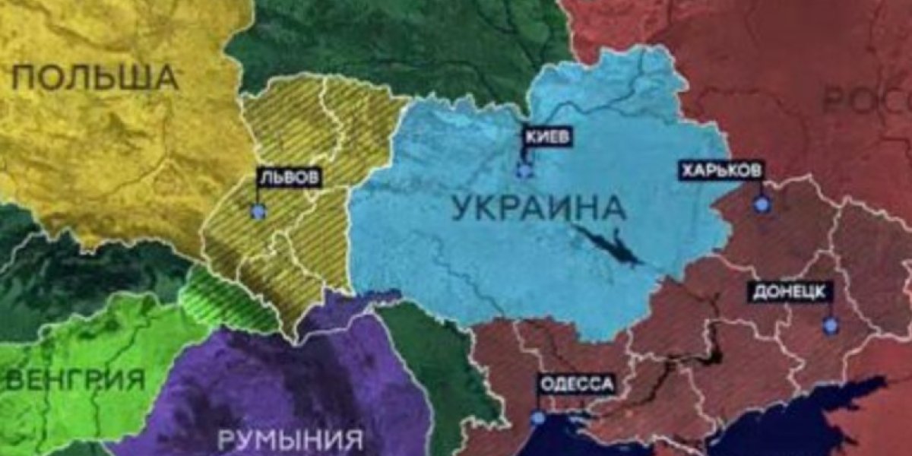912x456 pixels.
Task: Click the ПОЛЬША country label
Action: click(x=96, y=78)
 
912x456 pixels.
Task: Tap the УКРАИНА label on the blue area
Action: click(x=539, y=207)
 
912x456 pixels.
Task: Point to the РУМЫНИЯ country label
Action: click(x=290, y=439)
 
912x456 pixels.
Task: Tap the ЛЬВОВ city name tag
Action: click(x=289, y=179)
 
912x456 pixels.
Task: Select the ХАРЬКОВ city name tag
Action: click(x=720, y=172)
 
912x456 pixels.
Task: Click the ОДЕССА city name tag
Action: click(x=576, y=385)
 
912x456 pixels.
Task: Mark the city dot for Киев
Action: click(x=524, y=169)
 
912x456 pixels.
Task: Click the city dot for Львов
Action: click(x=259, y=211)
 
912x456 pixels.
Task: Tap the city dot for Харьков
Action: click(x=761, y=204)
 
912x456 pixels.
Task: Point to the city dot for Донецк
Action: click(x=830, y=325)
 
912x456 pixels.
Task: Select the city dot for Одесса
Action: click(x=538, y=417)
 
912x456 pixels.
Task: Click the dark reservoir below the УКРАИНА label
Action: click(x=608, y=245)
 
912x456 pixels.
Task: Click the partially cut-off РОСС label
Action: click(x=866, y=100)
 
